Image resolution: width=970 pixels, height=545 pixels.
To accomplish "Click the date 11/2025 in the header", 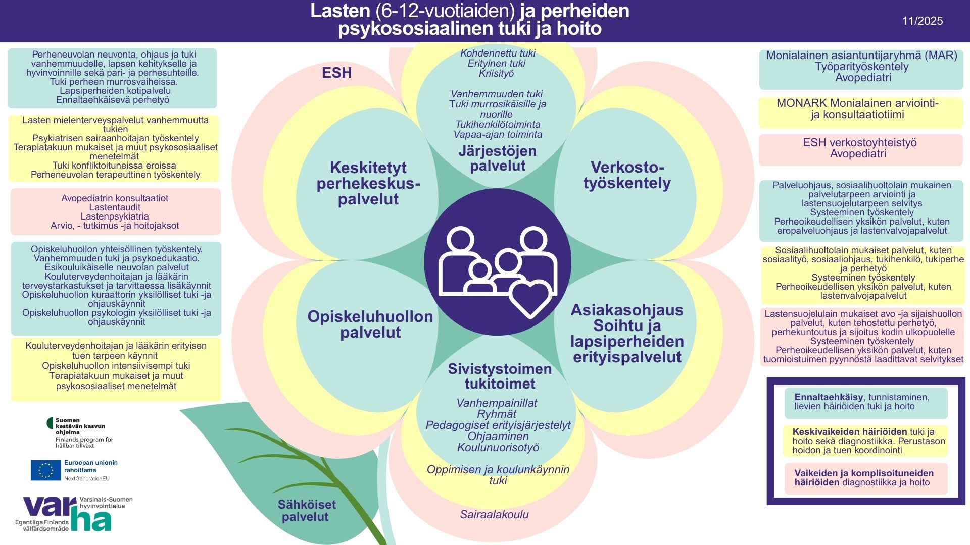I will point(922,21).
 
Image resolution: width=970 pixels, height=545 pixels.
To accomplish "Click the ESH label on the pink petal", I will point(336,73).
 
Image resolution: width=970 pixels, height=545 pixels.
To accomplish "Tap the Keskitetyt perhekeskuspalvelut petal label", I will point(368,183).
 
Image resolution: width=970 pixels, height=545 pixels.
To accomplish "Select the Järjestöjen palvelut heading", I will point(498,158).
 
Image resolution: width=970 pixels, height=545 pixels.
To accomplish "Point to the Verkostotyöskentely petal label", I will point(627,175).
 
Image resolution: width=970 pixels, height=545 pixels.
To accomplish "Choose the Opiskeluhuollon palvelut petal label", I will point(370,324).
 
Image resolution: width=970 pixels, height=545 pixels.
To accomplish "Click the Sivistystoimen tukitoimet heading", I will point(500,376).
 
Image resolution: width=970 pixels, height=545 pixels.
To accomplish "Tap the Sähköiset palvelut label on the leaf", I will point(306,510).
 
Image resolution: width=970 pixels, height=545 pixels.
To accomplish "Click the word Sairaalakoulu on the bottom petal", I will point(494,515).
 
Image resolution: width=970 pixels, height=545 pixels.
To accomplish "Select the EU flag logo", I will point(45,470).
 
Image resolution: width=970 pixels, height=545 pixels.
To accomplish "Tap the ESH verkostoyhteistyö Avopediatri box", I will point(860,148).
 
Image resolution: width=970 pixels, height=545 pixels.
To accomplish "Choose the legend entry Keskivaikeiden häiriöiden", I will point(865,441).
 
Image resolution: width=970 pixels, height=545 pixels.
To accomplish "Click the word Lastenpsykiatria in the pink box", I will point(115,216).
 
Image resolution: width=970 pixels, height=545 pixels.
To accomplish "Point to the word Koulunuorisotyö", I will point(498,448).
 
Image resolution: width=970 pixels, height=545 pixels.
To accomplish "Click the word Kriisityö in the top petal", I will point(496,74).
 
